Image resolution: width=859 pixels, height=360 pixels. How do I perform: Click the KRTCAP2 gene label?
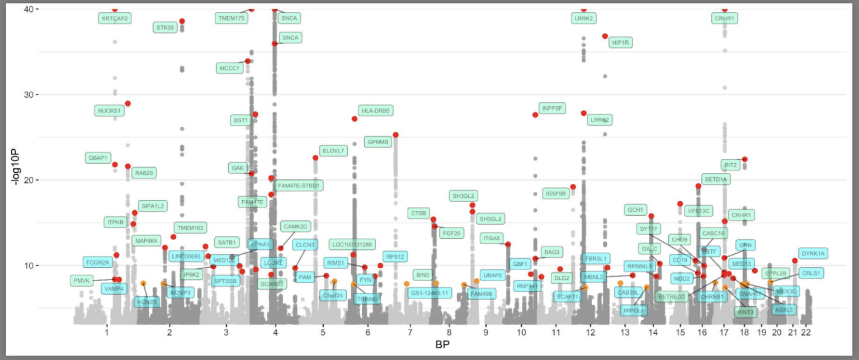coord(115,18)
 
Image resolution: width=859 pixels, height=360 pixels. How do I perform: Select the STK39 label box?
coord(165,27)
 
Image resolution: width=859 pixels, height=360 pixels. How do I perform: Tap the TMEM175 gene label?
coord(231,18)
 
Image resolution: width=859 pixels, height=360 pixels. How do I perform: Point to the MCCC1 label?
coord(229,68)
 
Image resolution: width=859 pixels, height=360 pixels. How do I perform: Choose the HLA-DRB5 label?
coord(375,111)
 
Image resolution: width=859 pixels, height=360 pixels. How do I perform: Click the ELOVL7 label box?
coord(334,151)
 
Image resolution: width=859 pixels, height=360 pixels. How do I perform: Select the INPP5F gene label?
coord(553,108)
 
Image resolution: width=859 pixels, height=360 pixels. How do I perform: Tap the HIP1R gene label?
coord(621,42)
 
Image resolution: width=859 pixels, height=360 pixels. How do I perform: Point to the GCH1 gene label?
coord(636,210)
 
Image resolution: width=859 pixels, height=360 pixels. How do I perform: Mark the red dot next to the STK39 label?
coord(182,21)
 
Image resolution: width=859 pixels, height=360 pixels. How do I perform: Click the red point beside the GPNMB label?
coord(395,135)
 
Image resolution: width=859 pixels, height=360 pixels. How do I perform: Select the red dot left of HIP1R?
coord(605,36)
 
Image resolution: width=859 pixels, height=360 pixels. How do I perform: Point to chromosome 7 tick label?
coord(409,333)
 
